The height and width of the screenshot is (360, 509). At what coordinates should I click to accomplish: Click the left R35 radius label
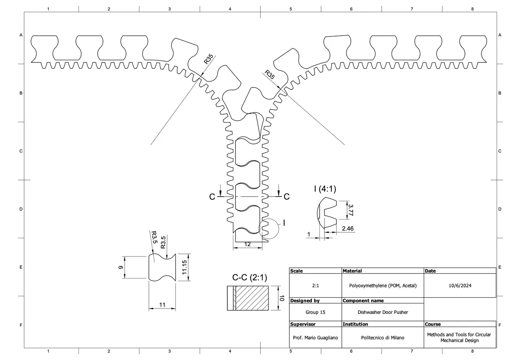pyautogui.click(x=209, y=59)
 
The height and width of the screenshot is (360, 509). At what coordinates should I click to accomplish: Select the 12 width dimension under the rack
pyautogui.click(x=248, y=244)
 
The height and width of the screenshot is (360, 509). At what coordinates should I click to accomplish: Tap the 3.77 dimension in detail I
pyautogui.click(x=351, y=209)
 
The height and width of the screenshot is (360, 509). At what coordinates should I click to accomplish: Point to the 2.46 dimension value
pyautogui.click(x=348, y=229)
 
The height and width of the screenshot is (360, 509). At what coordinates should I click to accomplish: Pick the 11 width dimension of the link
pyautogui.click(x=162, y=304)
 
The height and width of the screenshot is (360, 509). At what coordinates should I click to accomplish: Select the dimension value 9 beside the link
pyautogui.click(x=120, y=267)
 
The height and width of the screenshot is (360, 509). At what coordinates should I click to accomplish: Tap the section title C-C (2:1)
pyautogui.click(x=249, y=278)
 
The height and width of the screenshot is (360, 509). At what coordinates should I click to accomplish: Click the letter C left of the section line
pyautogui.click(x=212, y=197)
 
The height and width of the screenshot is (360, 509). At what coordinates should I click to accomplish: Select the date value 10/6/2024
pyautogui.click(x=460, y=286)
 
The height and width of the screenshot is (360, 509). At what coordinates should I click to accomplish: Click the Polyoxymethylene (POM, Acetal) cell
pyautogui.click(x=383, y=286)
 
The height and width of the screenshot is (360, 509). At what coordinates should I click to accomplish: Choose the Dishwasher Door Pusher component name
pyautogui.click(x=383, y=312)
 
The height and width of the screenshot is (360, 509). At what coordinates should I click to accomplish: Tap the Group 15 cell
pyautogui.click(x=315, y=312)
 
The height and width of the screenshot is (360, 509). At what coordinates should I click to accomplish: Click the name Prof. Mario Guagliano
pyautogui.click(x=315, y=338)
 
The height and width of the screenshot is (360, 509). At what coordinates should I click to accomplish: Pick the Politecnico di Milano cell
pyautogui.click(x=383, y=338)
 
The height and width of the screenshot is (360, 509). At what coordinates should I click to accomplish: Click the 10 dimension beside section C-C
pyautogui.click(x=280, y=298)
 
